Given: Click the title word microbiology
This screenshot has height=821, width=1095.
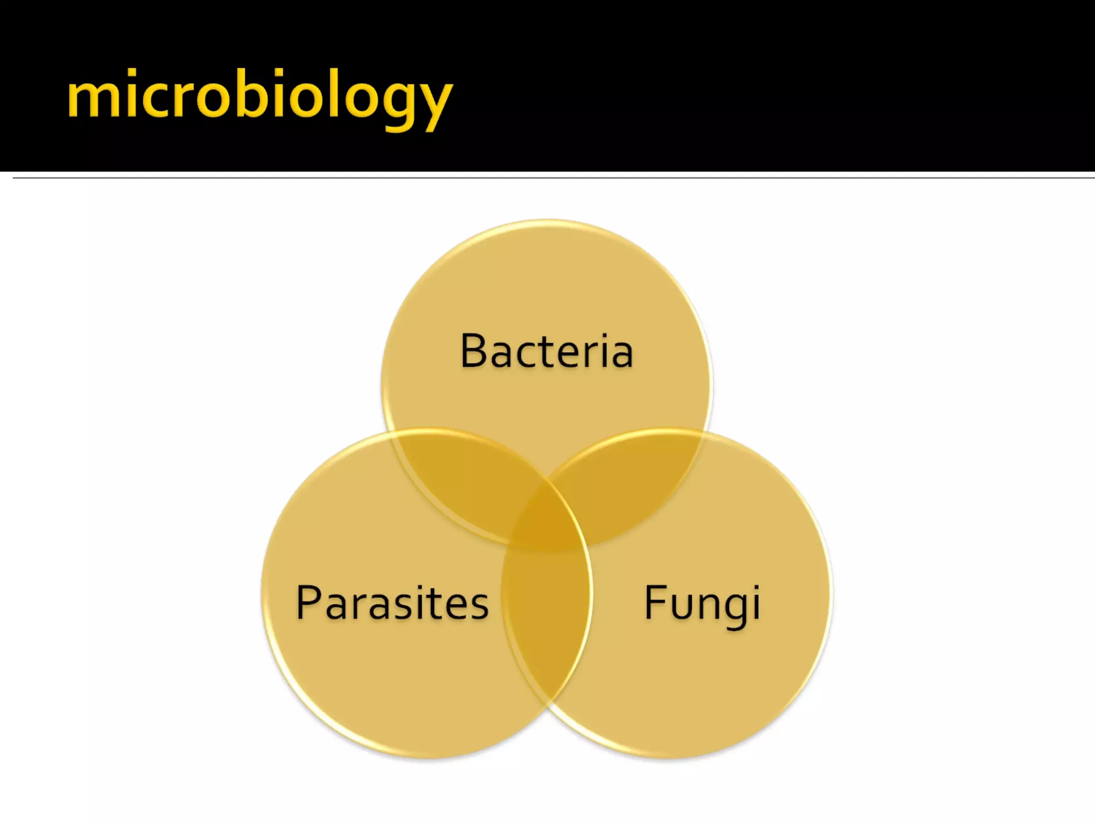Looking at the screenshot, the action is point(260,96).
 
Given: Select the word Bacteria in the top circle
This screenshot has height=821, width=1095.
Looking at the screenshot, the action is point(546,351).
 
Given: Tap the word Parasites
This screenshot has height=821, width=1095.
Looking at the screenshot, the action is point(392,602).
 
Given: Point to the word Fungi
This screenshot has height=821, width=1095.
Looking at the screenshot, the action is point(702,603).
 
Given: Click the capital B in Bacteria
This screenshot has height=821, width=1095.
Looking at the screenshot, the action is point(473,351).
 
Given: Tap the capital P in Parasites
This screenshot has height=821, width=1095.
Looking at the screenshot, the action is point(309,602).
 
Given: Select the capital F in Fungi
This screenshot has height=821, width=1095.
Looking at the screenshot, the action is point(654,602).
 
